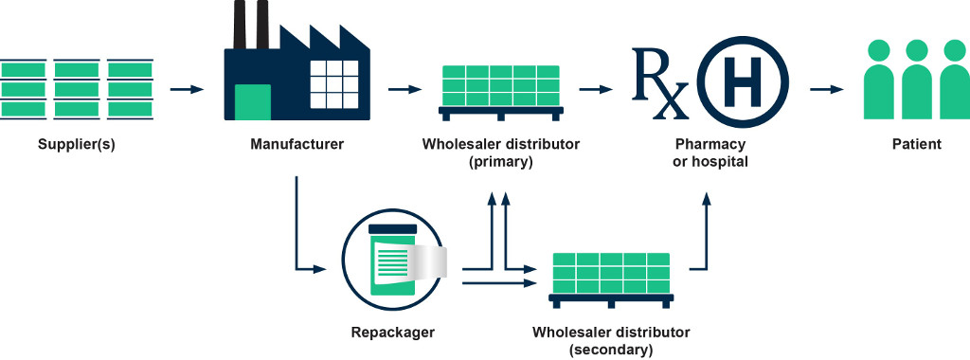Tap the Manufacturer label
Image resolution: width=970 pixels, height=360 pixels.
pyautogui.click(x=296, y=145)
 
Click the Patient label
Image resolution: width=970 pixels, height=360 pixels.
pyautogui.click(x=916, y=145)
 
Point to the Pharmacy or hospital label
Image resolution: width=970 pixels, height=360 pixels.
pyautogui.click(x=710, y=153)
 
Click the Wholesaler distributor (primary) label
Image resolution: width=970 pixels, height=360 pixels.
pyautogui.click(x=501, y=153)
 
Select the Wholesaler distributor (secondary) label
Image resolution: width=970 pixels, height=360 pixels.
pyautogui.click(x=611, y=341)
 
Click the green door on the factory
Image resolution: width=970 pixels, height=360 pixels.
pyautogui.click(x=252, y=101)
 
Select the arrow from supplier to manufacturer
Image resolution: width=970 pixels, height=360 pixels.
pyautogui.click(x=187, y=90)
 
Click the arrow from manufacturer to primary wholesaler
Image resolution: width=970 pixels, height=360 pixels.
pyautogui.click(x=404, y=90)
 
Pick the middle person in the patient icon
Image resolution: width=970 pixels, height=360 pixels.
pyautogui.click(x=916, y=82)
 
